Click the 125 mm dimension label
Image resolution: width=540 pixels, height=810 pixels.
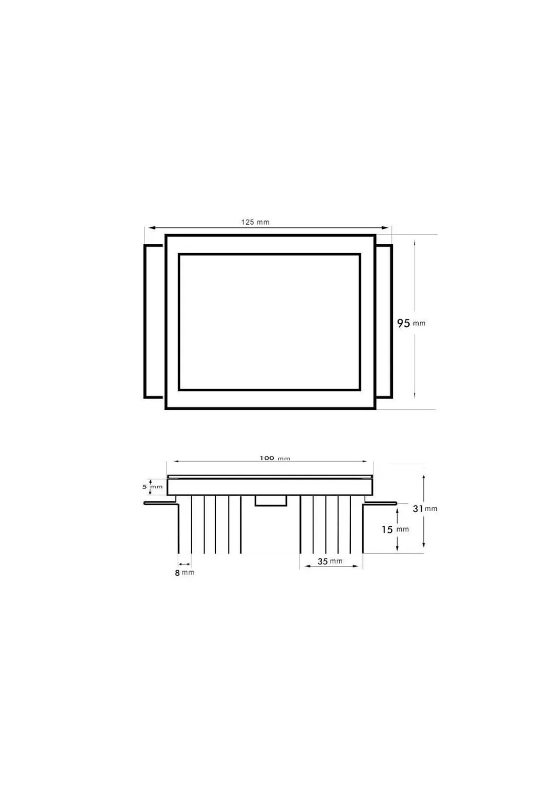tap(255, 222)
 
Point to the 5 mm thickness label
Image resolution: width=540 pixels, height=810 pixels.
tap(152, 487)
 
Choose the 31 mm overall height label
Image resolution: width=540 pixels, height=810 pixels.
tap(425, 509)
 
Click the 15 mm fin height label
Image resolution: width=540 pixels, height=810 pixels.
tap(395, 529)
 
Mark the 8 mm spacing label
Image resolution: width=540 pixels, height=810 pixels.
tap(185, 573)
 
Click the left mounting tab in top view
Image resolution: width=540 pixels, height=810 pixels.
tap(153, 321)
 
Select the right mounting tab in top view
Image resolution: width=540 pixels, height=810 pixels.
tap(384, 321)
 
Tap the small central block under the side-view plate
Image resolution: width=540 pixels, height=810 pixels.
tap(271, 500)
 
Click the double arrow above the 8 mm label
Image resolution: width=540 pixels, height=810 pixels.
tap(185, 564)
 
